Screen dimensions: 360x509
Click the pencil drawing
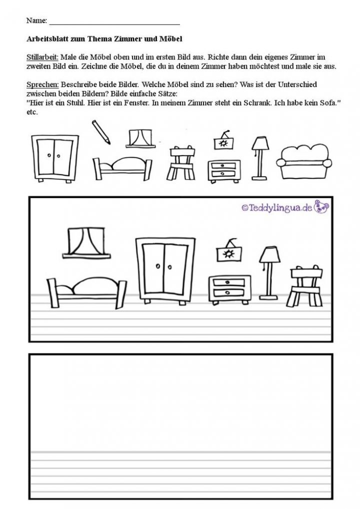tap(101, 132)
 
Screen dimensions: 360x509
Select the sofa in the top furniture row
tap(304, 162)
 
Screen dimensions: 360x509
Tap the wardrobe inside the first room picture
tap(165, 270)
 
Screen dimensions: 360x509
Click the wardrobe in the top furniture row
tap(55, 159)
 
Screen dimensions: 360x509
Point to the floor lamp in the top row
tap(259, 158)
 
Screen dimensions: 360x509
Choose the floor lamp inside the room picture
tap(269, 273)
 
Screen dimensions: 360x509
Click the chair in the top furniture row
tap(182, 162)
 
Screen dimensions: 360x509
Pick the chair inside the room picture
tap(304, 285)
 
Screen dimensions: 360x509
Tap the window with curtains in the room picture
tap(86, 243)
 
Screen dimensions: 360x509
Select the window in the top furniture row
tap(140, 139)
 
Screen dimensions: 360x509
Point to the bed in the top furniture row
tap(122, 168)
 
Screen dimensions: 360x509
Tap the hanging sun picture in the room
tap(229, 250)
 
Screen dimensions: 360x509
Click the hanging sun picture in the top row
tap(223, 140)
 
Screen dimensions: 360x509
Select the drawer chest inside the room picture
tap(230, 289)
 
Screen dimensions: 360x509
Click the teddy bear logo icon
tap(321, 207)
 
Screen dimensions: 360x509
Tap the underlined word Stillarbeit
tap(42, 57)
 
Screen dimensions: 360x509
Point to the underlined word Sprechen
tap(42, 85)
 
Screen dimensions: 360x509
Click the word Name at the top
tap(36, 20)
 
